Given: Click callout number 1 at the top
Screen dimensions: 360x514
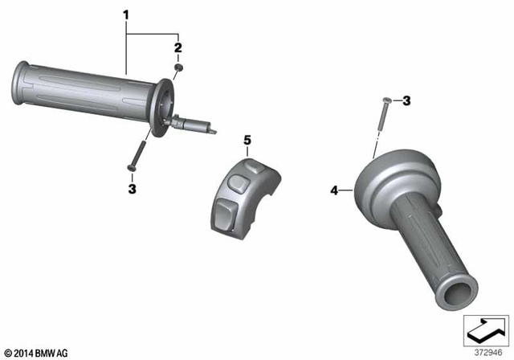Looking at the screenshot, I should coord(125,14).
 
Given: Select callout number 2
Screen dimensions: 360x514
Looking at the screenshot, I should coord(178,47).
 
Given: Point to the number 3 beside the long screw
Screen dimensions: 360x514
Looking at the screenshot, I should coord(406,100).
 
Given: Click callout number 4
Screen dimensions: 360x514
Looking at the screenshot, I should coord(334,190).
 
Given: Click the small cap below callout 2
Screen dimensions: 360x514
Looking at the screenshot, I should coord(179,69).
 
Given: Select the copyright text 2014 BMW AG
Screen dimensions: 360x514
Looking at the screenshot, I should coord(36,352).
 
